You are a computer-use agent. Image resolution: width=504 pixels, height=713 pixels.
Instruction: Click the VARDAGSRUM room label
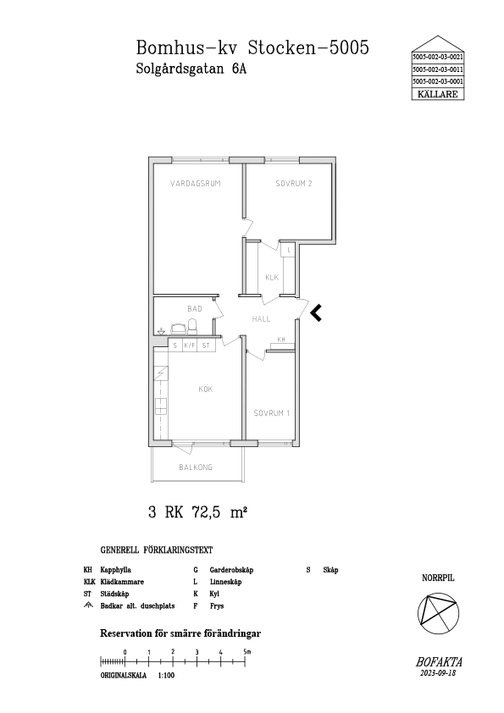click(195, 184)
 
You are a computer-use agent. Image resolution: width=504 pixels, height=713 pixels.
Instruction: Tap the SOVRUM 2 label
click(294, 184)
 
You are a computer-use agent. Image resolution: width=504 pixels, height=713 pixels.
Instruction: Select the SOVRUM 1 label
click(272, 413)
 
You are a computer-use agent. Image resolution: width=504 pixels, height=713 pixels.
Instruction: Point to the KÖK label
click(206, 390)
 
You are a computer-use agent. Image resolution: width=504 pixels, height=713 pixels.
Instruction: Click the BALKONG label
click(196, 467)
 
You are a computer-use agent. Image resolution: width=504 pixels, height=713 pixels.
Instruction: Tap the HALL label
click(261, 319)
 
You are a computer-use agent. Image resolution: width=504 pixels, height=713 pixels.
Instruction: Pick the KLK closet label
click(272, 278)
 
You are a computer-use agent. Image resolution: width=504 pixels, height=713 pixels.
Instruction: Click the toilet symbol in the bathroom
click(193, 326)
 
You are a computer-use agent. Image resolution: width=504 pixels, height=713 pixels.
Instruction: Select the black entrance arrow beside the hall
click(317, 312)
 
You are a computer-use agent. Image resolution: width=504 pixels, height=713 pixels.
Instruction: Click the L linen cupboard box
click(288, 250)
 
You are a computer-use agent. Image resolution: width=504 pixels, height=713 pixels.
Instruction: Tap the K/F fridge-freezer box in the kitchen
click(189, 345)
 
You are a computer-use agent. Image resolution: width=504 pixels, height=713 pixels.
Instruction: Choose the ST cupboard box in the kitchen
click(206, 345)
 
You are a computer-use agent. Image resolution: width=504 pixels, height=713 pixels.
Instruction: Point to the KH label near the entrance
click(281, 340)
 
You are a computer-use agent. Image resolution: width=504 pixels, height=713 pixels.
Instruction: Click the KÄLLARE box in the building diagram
click(438, 94)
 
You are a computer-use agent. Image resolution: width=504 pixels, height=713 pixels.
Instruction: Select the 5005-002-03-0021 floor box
click(438, 58)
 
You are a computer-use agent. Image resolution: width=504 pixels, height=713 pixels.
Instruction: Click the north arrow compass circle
click(438, 612)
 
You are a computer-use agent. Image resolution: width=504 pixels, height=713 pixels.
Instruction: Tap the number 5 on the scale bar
click(245, 652)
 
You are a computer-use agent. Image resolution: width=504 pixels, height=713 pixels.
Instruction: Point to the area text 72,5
click(208, 513)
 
